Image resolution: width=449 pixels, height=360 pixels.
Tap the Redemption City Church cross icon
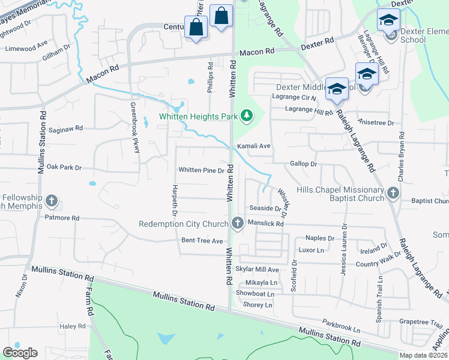pyautogui.click(x=238, y=223)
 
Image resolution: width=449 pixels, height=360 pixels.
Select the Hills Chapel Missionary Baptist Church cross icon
pyautogui.click(x=393, y=193)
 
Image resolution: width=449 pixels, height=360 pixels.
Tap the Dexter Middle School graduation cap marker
pyautogui.click(x=337, y=89)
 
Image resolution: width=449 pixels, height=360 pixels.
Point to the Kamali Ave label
pyautogui.click(x=253, y=146)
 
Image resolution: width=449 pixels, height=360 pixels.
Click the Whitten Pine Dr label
pyautogui.click(x=201, y=170)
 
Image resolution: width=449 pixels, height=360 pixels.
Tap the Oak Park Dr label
pyautogui.click(x=64, y=167)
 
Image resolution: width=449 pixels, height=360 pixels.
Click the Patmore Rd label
pyautogui.click(x=62, y=218)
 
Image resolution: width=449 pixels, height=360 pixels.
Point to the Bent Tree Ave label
pyautogui.click(x=198, y=241)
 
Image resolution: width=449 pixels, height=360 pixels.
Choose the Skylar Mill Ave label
pyautogui.click(x=258, y=270)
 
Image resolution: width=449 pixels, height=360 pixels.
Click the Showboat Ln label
pyautogui.click(x=255, y=294)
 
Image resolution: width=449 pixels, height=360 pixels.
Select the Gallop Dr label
pyautogui.click(x=303, y=164)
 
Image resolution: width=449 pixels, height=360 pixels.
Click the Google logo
pyautogui.click(x=20, y=352)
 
